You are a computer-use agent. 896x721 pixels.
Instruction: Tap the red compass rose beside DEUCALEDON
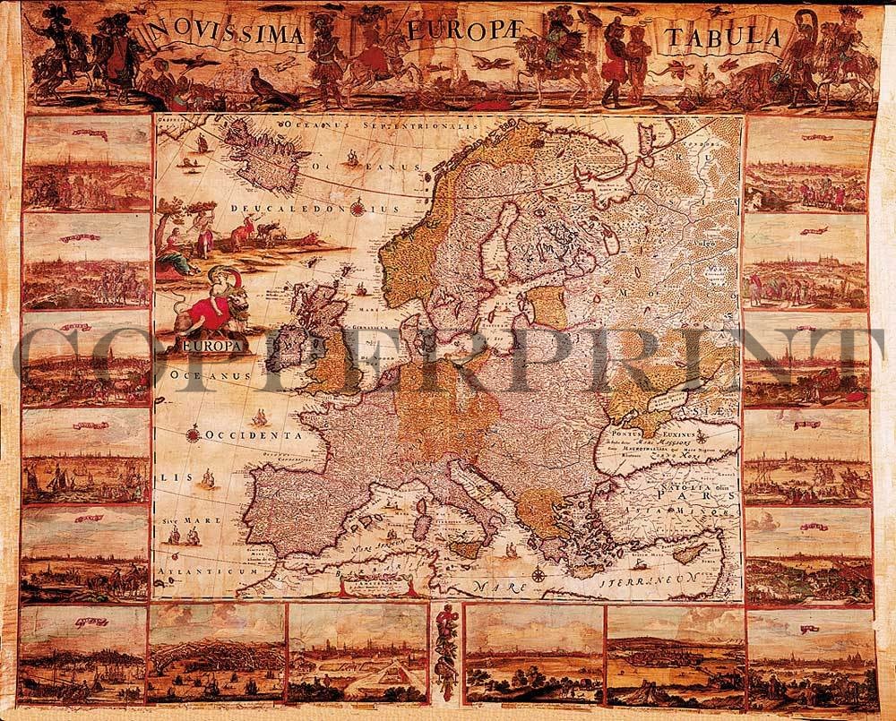pyautogui.click(x=358, y=210)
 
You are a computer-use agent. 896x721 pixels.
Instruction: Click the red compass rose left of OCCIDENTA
pyautogui.click(x=193, y=436)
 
